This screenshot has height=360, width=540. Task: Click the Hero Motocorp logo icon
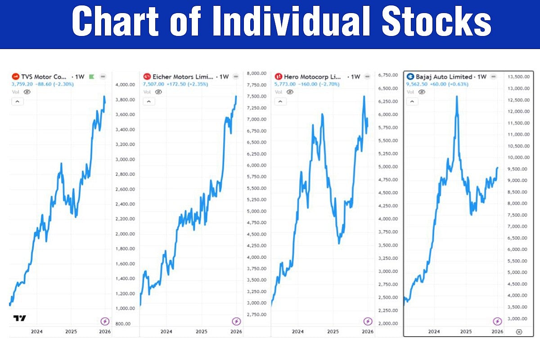click(279, 77)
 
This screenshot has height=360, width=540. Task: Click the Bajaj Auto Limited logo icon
click(410, 77)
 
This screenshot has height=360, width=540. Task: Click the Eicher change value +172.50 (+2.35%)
click(182, 84)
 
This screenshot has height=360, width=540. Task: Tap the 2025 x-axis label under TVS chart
click(71, 332)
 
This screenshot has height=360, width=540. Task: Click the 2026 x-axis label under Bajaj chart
click(497, 332)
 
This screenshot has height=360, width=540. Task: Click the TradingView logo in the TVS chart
click(19, 318)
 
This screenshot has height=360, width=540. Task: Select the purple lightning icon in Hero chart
click(368, 321)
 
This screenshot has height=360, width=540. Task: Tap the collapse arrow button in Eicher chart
click(148, 102)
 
